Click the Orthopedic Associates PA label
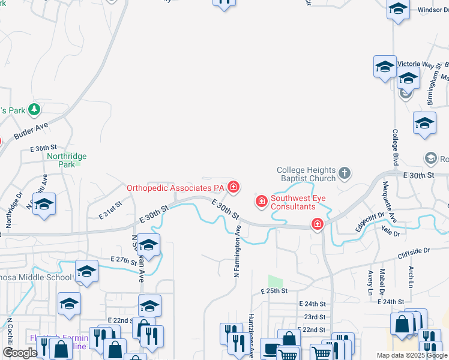[175, 187]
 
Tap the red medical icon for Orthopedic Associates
[233, 188]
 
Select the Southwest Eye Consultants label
[293, 202]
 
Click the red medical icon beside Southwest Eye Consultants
[261, 201]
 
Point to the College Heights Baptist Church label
[306, 174]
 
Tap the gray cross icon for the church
[344, 174]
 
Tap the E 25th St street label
[274, 290]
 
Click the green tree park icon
[35, 109]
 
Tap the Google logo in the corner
[20, 352]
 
